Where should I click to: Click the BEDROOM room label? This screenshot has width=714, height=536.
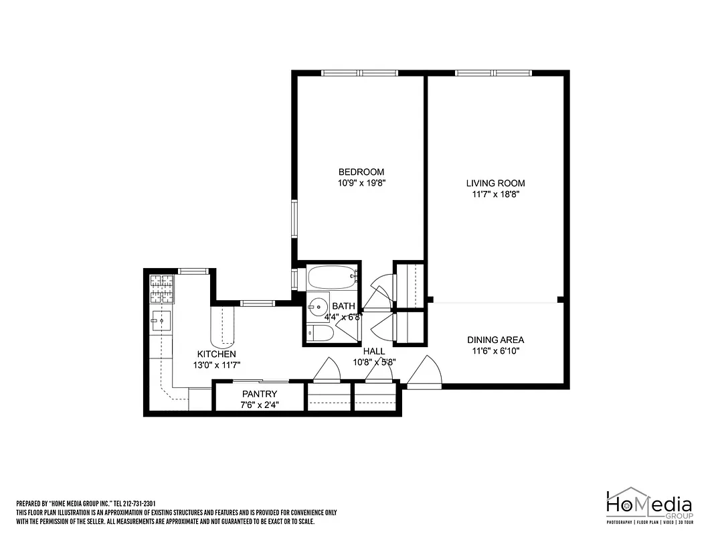(361, 172)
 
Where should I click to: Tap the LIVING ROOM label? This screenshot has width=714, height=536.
(495, 183)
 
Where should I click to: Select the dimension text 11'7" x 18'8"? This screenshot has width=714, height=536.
(495, 195)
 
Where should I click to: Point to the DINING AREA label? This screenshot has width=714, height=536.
(495, 340)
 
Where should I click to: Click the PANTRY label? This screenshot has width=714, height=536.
(260, 394)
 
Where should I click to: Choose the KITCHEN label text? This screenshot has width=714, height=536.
(216, 354)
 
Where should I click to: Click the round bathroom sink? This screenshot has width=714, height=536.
(317, 306)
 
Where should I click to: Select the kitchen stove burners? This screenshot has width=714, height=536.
(161, 289)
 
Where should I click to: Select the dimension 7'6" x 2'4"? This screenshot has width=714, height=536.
(260, 405)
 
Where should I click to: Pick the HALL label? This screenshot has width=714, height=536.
(374, 351)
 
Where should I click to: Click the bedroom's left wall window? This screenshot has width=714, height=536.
(293, 218)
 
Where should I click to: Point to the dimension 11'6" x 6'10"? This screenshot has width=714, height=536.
(495, 350)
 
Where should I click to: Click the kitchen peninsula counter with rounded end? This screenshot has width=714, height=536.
(223, 325)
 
